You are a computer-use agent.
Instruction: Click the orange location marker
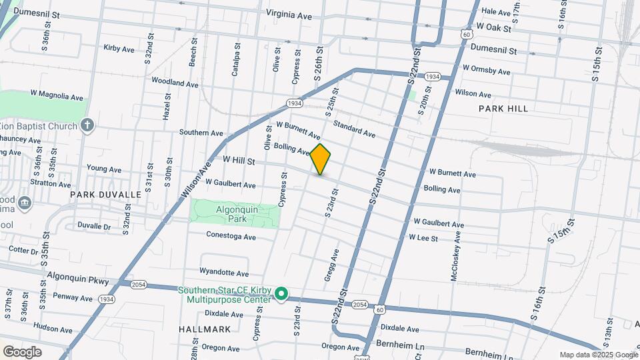[321, 159]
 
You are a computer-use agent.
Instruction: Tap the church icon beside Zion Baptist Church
[87, 125]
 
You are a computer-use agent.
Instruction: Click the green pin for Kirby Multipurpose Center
[281, 293]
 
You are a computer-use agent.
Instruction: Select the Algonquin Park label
[237, 213]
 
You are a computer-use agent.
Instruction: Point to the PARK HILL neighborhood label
[503, 109]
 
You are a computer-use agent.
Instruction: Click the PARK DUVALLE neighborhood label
[106, 195]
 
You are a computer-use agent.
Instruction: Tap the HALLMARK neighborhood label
[205, 329]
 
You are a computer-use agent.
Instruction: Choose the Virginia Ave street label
[289, 14]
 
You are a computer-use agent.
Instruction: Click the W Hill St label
[239, 161]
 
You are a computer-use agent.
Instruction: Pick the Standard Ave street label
[354, 129]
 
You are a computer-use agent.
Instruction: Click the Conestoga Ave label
[231, 237]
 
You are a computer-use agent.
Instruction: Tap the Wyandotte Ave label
[224, 273]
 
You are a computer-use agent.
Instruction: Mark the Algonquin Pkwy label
[77, 278]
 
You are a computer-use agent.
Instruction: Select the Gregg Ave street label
[331, 265]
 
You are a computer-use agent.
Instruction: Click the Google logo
[21, 352]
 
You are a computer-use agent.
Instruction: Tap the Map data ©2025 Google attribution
[598, 355]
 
